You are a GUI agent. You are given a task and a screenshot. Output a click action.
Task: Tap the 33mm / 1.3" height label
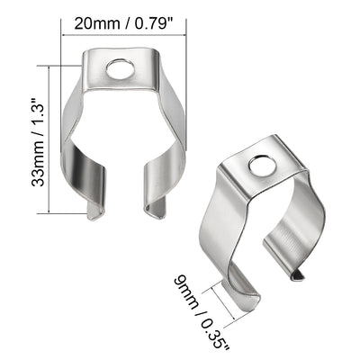click(39, 141)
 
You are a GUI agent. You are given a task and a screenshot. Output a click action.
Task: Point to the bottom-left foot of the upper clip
click(94, 209)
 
